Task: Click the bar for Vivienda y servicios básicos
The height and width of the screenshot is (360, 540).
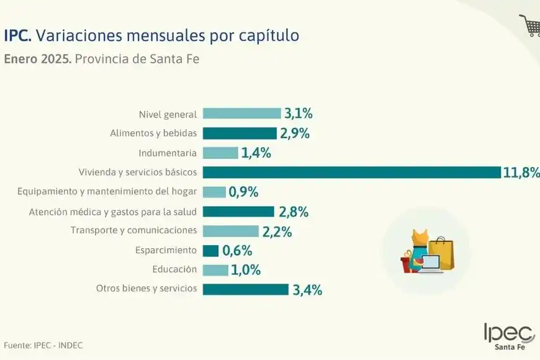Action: tap(351, 172)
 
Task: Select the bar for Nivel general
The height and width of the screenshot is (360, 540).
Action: tap(241, 114)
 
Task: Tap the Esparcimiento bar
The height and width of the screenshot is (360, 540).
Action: tap(210, 250)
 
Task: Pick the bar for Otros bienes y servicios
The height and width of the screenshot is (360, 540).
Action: tap(245, 289)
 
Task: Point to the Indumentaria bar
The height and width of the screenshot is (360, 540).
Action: tap(220, 153)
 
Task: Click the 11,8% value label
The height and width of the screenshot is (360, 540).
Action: tap(520, 173)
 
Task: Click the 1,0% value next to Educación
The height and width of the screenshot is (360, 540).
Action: tap(246, 270)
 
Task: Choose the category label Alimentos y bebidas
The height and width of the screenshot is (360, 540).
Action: tap(153, 133)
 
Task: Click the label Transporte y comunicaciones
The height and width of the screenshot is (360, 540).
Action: tap(133, 230)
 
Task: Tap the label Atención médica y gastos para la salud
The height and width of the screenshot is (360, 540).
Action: tap(113, 211)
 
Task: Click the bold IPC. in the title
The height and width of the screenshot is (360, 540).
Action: tap(17, 35)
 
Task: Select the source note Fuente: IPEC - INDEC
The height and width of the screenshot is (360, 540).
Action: tap(43, 345)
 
